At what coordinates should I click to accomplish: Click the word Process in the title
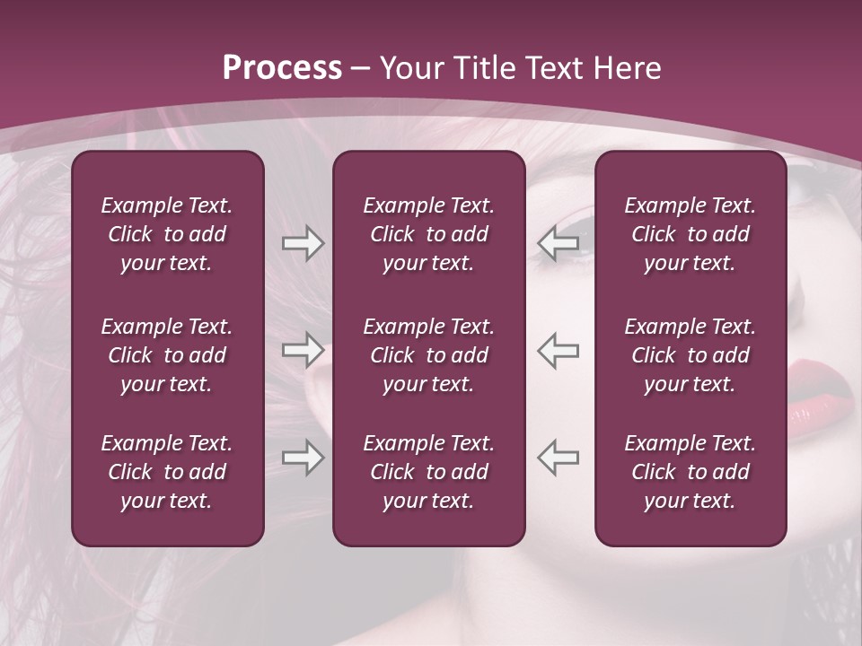(x=282, y=68)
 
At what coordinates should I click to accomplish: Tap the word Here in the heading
(x=627, y=68)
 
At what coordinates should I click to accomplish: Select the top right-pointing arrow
(x=303, y=243)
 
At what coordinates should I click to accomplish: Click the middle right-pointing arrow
(x=303, y=350)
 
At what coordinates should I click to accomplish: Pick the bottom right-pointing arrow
(x=303, y=457)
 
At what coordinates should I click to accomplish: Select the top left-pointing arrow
(x=559, y=243)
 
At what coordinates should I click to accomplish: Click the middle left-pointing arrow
(x=559, y=350)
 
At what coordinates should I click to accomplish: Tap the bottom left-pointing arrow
(x=559, y=457)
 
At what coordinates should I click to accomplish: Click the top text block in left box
(x=167, y=234)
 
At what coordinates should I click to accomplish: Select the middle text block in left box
(x=167, y=355)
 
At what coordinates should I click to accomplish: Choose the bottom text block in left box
(x=167, y=472)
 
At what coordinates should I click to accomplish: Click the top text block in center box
(x=428, y=234)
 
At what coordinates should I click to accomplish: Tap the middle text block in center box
(x=428, y=355)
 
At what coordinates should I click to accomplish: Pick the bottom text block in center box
(x=428, y=472)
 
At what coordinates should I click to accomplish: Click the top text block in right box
(x=690, y=234)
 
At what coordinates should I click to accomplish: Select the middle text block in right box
(x=690, y=355)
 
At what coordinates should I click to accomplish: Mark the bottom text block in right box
(x=690, y=472)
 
